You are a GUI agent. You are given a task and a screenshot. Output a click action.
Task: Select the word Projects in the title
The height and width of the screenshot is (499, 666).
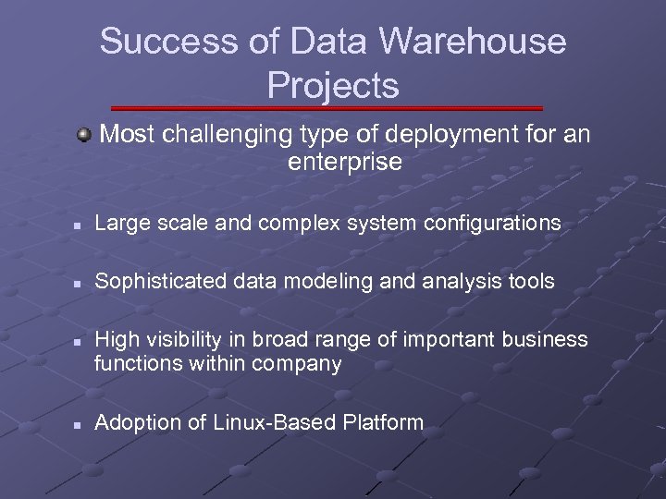click(x=333, y=85)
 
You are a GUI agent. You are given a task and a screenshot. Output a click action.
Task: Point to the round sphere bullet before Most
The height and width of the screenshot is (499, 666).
click(x=84, y=136)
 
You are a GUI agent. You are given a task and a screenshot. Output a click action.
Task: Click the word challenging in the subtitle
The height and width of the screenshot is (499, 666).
click(x=228, y=136)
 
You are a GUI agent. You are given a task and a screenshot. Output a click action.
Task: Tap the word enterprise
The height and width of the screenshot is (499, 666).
click(x=345, y=164)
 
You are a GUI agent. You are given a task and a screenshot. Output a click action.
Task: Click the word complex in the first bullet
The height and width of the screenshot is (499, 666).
click(x=311, y=223)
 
